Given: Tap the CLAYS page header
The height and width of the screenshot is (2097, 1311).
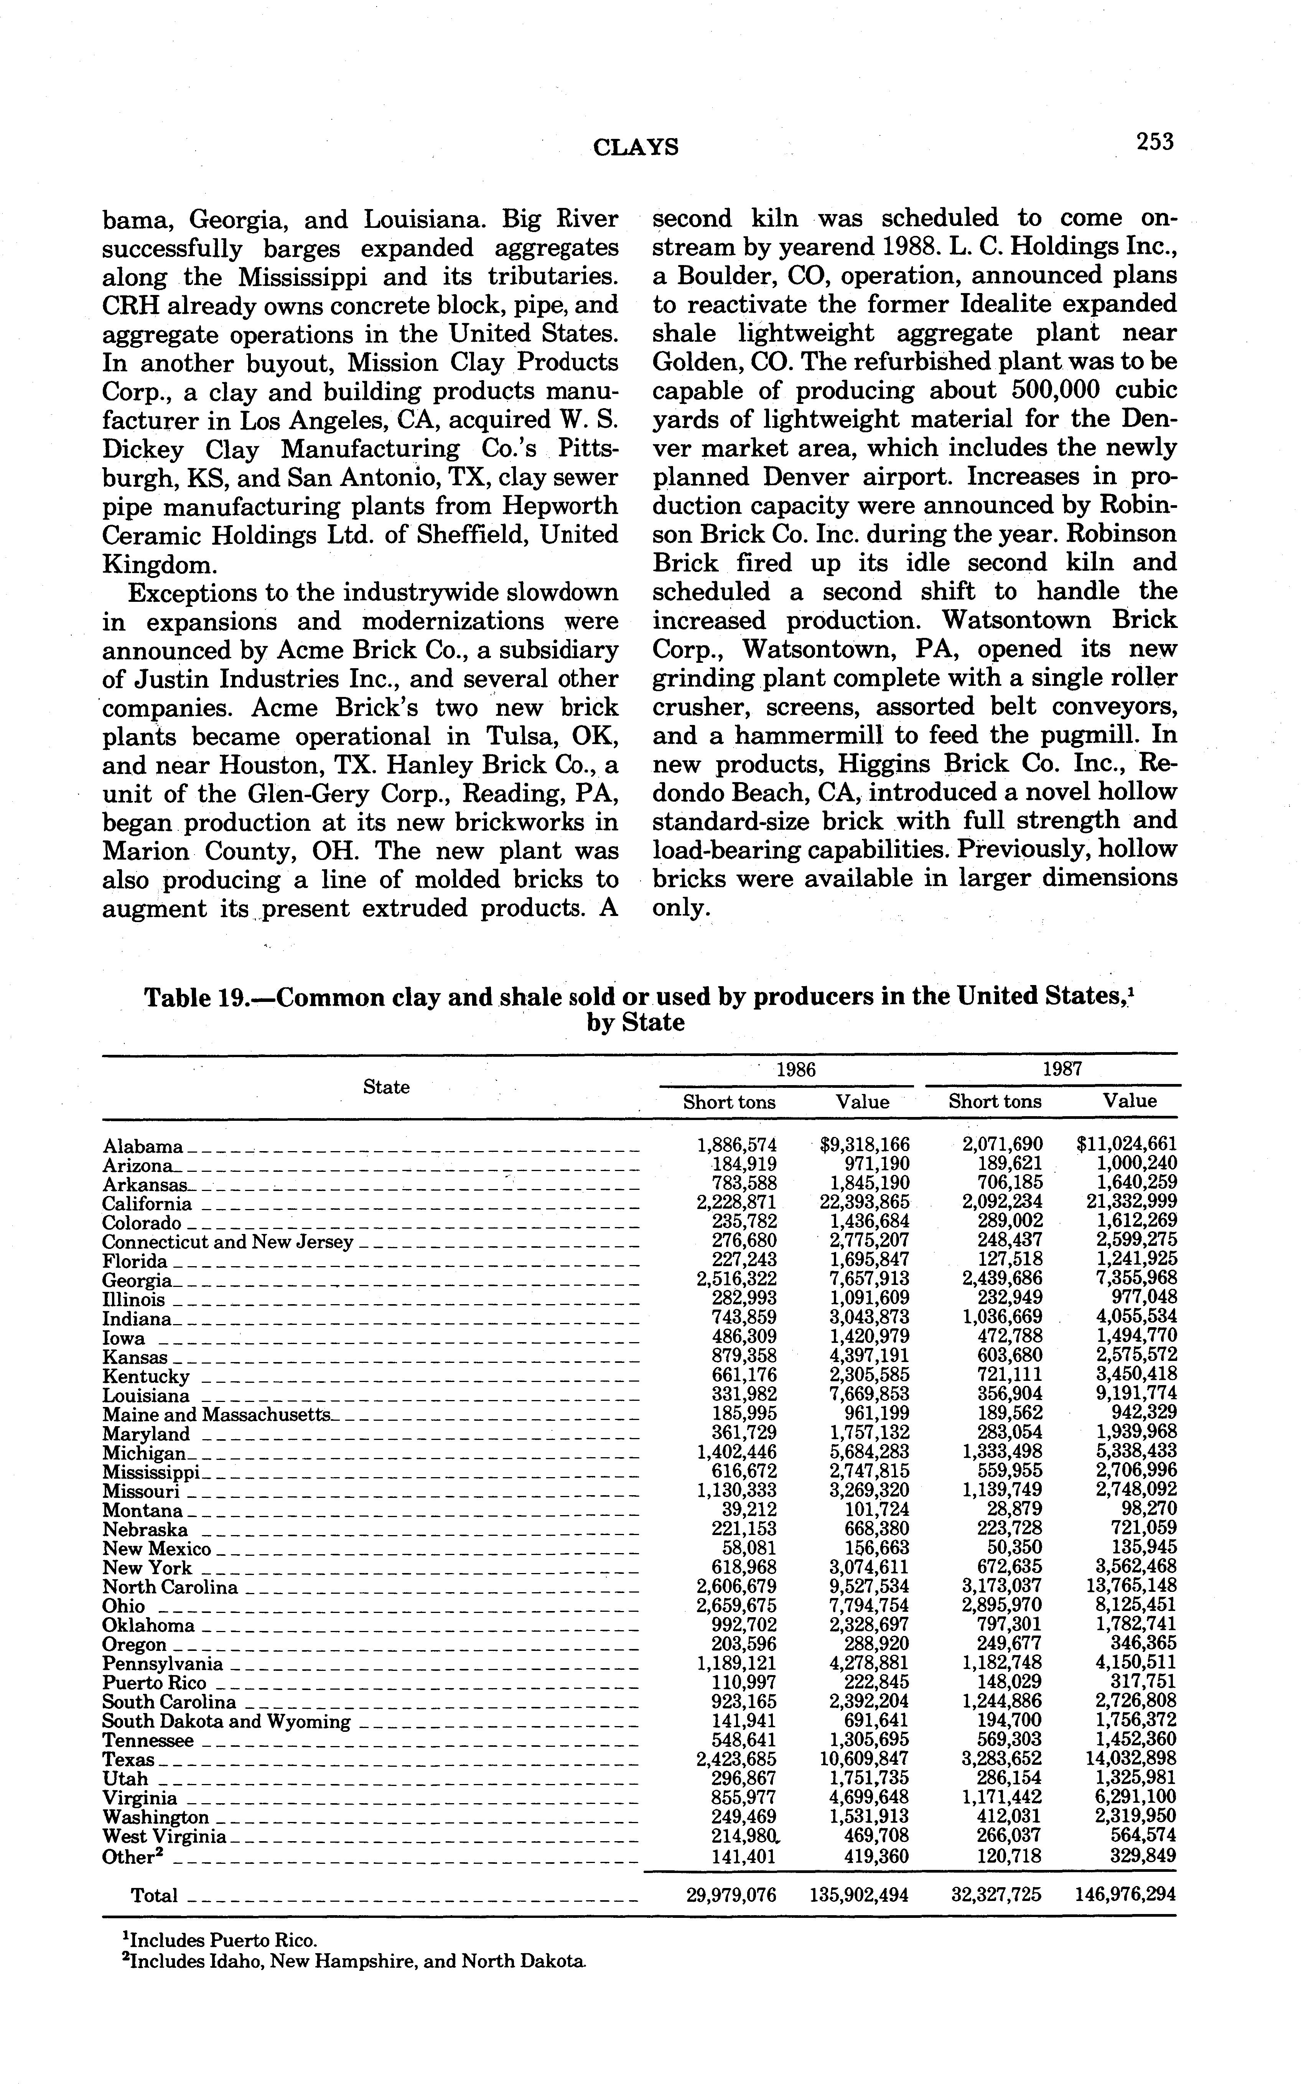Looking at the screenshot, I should [636, 147].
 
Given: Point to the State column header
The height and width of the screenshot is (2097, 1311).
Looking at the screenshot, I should [386, 1087].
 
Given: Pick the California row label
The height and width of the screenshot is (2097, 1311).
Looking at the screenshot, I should [147, 1204].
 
